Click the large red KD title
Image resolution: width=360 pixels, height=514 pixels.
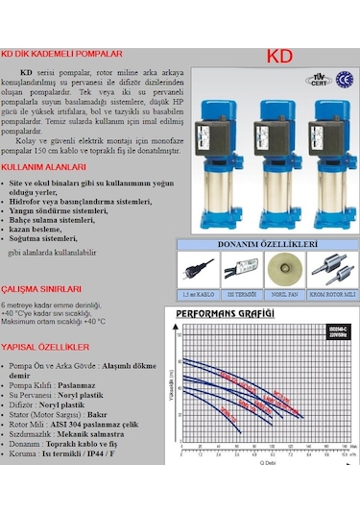pyautogui.click(x=278, y=57)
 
